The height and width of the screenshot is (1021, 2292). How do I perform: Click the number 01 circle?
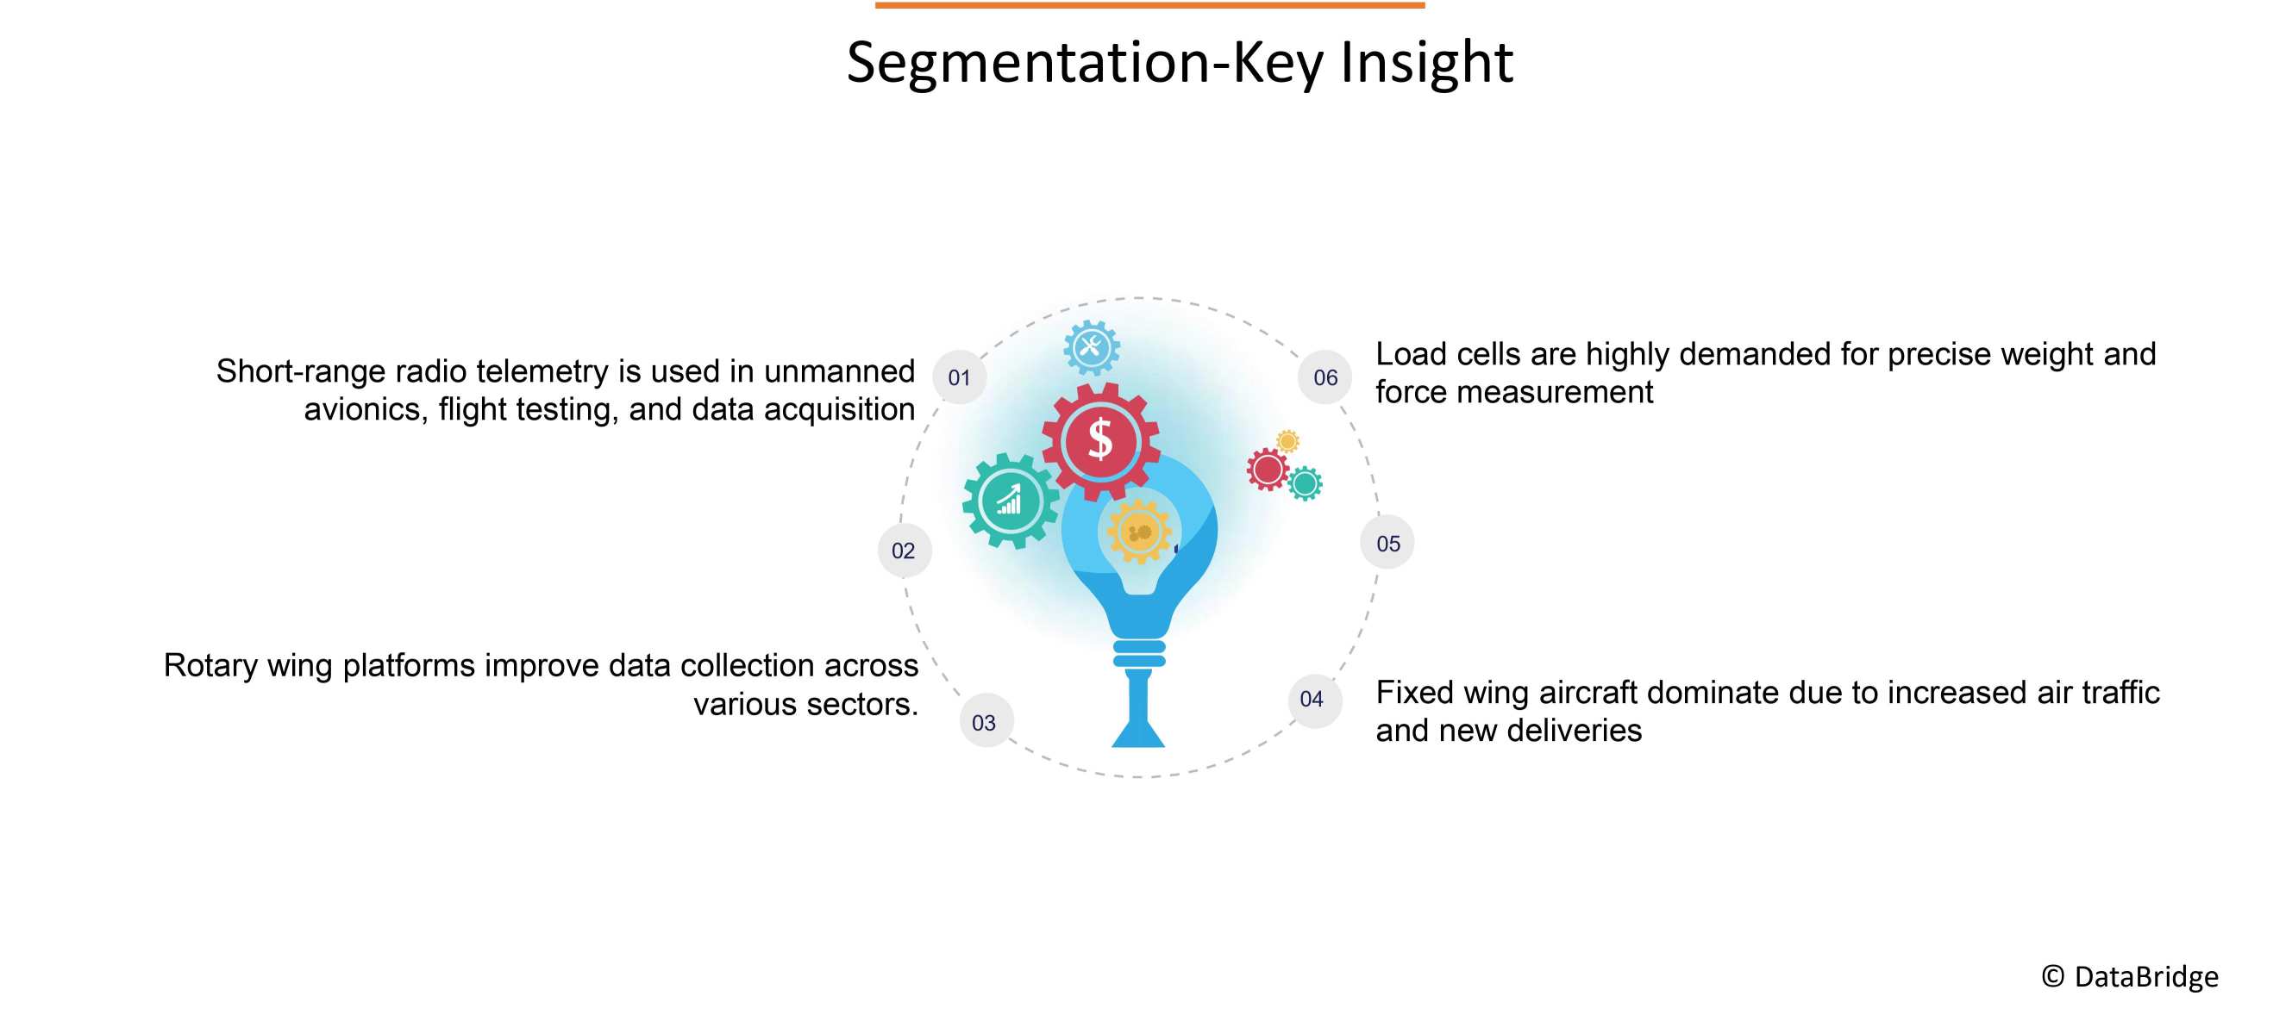click(x=958, y=377)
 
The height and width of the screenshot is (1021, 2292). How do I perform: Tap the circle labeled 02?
click(x=903, y=551)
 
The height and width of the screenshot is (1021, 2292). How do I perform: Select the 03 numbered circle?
click(x=984, y=721)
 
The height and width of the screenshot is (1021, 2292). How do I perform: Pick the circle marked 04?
click(x=1312, y=699)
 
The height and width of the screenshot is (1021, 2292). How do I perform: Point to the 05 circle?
click(x=1387, y=543)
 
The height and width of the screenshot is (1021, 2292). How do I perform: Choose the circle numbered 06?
click(x=1324, y=377)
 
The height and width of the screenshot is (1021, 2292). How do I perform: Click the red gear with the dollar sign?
click(x=1100, y=439)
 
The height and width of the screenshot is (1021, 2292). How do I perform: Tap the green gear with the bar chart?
click(x=1010, y=501)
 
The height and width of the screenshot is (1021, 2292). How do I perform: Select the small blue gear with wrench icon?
click(x=1092, y=347)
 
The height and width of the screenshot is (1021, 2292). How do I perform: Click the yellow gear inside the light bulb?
click(x=1139, y=532)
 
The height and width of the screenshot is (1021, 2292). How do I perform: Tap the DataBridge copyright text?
click(x=2130, y=976)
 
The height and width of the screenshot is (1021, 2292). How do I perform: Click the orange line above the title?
click(x=1149, y=5)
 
